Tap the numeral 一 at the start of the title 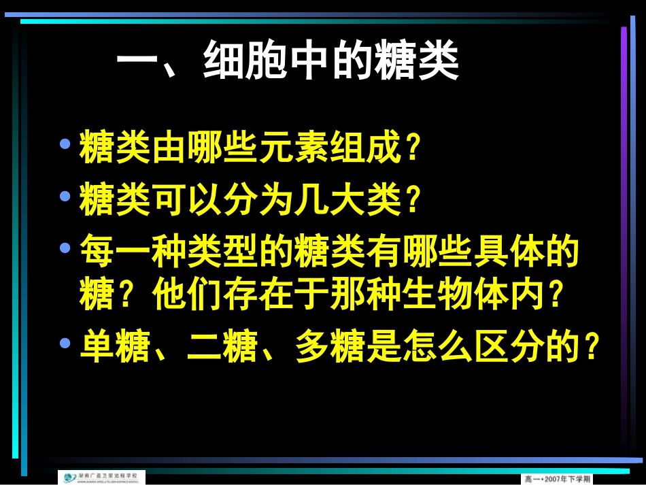[139, 65]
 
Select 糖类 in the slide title [418, 65]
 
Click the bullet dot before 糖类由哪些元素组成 [65, 144]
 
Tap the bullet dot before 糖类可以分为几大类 [65, 196]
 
